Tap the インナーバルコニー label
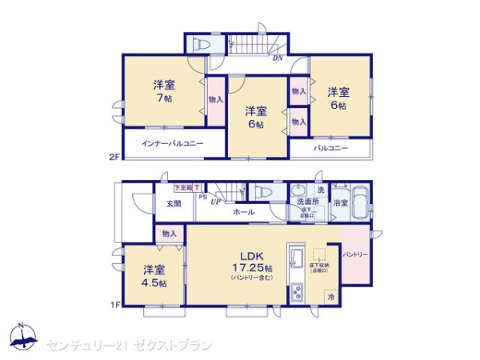pos(172,143)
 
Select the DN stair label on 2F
pos(277,58)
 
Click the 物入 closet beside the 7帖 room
pos(215,99)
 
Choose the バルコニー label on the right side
pos(329,148)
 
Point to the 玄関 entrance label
pos(173,203)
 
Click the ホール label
pos(244,212)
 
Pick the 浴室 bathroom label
pos(341,203)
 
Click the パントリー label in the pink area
pos(356,254)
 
